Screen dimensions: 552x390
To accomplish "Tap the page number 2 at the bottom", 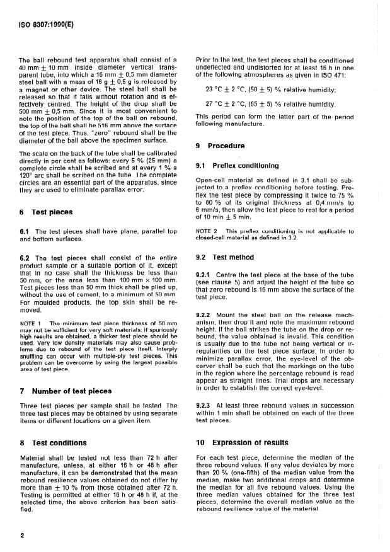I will (x=22, y=537).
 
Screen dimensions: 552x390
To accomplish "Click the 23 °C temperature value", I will (x=215, y=89).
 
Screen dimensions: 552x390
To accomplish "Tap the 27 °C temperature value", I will (x=215, y=103).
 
